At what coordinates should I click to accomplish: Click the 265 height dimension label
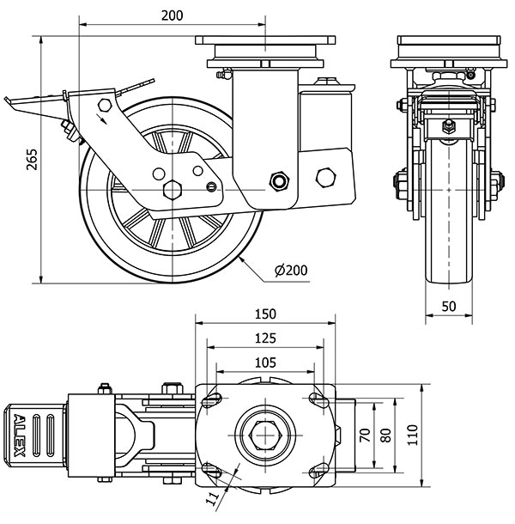[x=31, y=161]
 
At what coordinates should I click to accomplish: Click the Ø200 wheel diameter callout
[x=291, y=271]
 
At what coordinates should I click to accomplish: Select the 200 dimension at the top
[x=173, y=15]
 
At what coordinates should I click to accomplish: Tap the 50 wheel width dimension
[x=449, y=305]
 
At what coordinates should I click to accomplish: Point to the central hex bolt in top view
[x=264, y=436]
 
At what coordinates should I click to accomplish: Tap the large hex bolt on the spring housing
[x=325, y=177]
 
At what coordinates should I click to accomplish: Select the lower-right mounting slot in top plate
[x=318, y=471]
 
